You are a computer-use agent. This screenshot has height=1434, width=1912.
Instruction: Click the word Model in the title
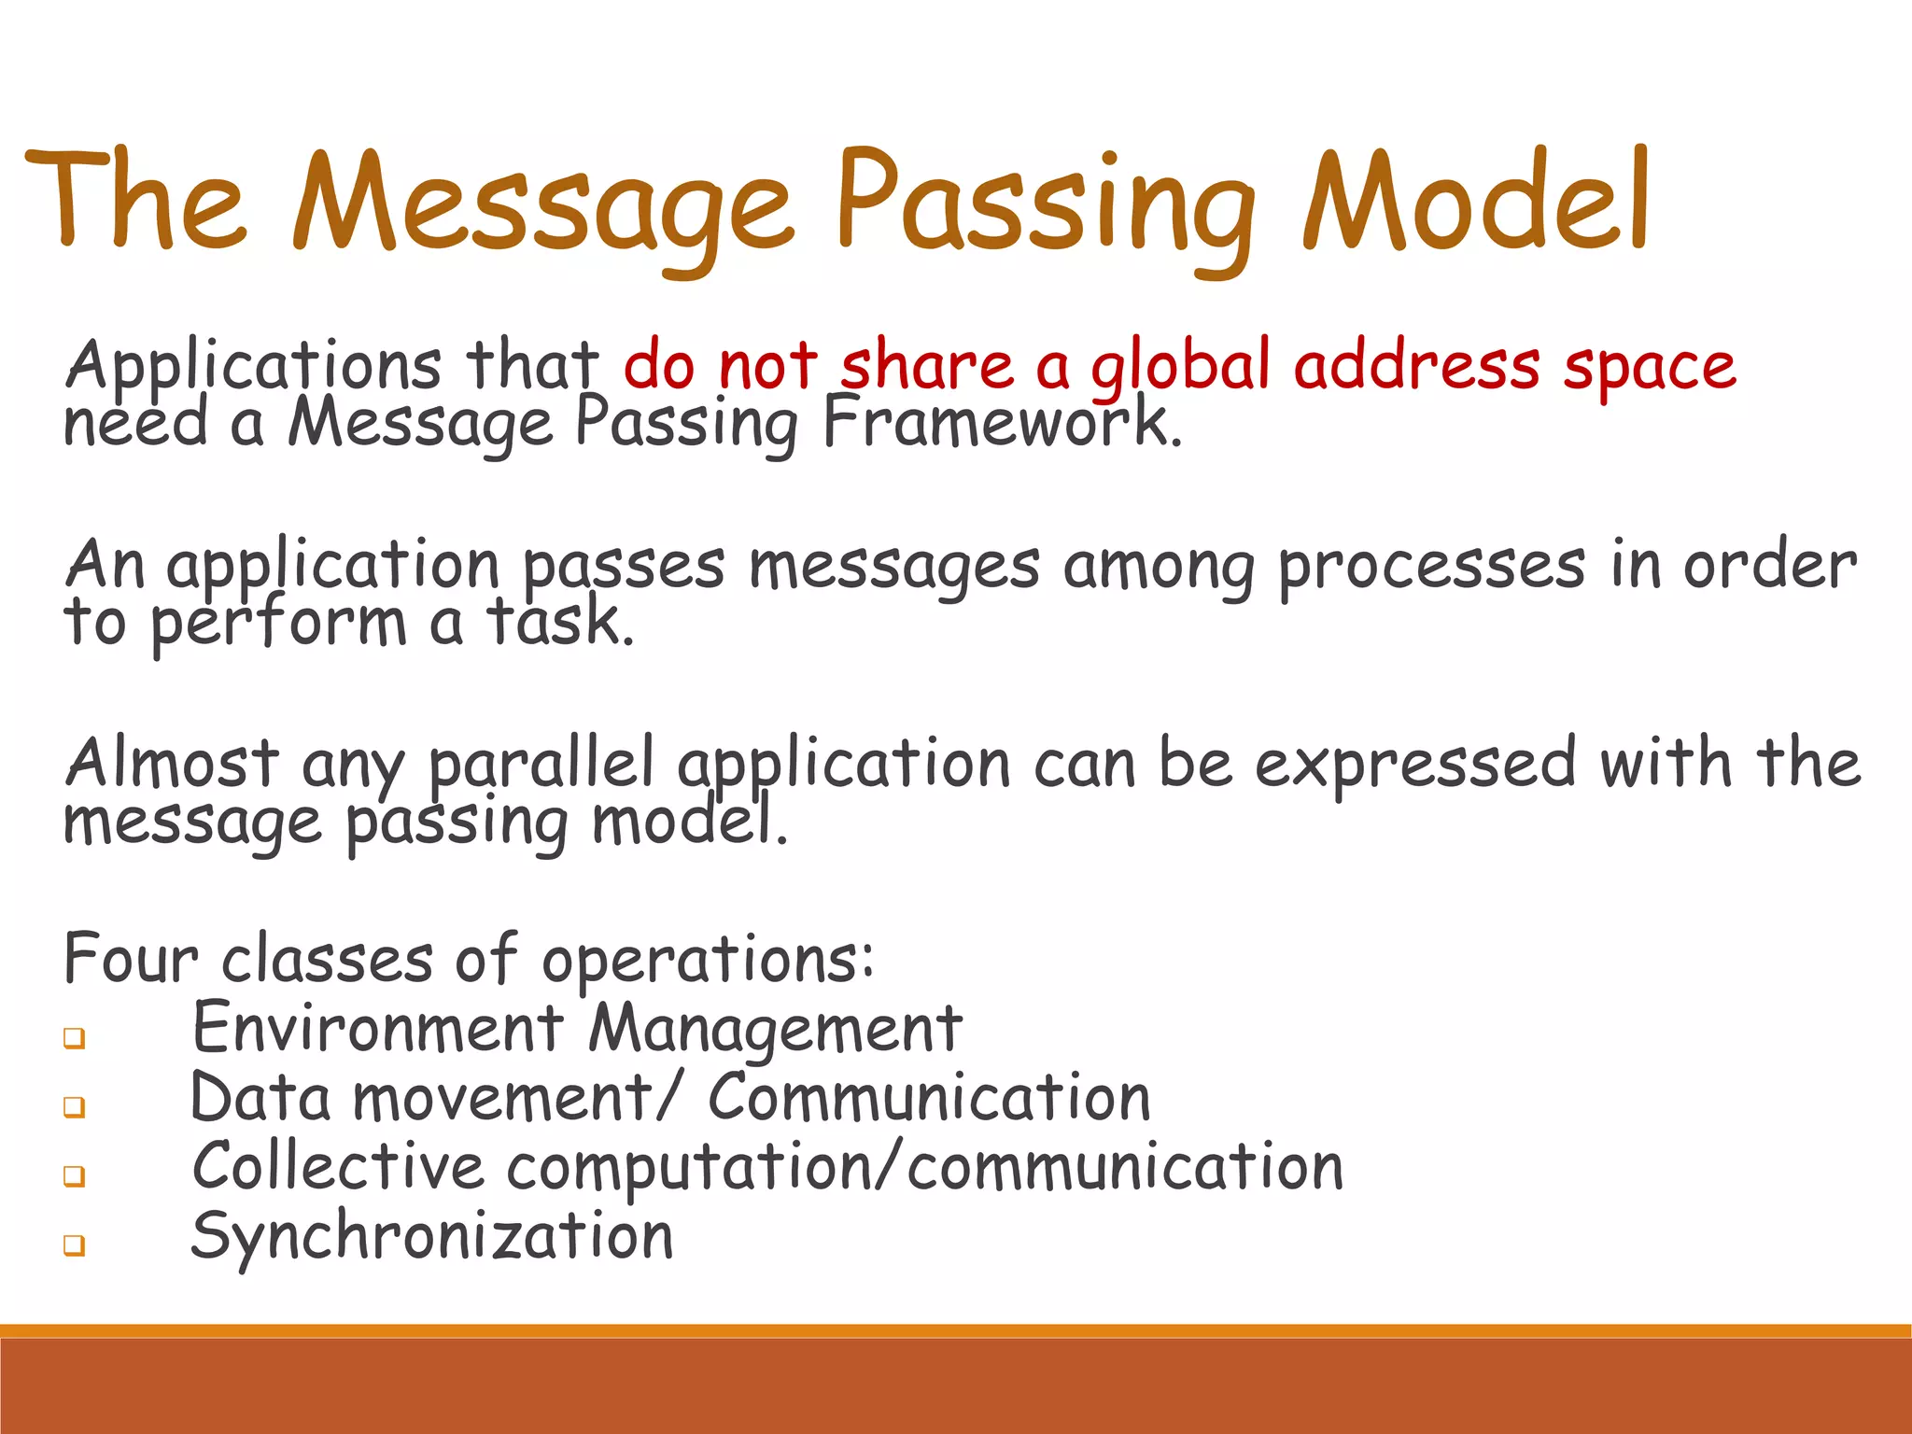tap(1477, 202)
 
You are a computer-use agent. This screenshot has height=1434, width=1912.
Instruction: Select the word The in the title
tap(135, 202)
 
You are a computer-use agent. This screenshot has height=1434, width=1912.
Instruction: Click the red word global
tap(1181, 366)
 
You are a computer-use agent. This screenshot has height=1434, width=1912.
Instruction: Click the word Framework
tap(1002, 423)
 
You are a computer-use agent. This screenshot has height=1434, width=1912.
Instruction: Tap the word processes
tap(1431, 568)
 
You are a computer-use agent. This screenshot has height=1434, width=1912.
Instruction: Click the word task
tap(558, 622)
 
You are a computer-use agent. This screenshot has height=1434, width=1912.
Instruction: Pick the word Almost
tap(172, 764)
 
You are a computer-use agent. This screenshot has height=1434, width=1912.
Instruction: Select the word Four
tap(131, 959)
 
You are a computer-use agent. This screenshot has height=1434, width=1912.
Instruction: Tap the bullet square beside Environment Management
tap(75, 1038)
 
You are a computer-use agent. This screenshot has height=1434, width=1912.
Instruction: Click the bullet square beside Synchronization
tap(75, 1245)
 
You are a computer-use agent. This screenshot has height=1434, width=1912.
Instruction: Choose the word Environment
tap(378, 1028)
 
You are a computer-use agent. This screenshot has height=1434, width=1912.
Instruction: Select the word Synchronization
tap(431, 1237)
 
